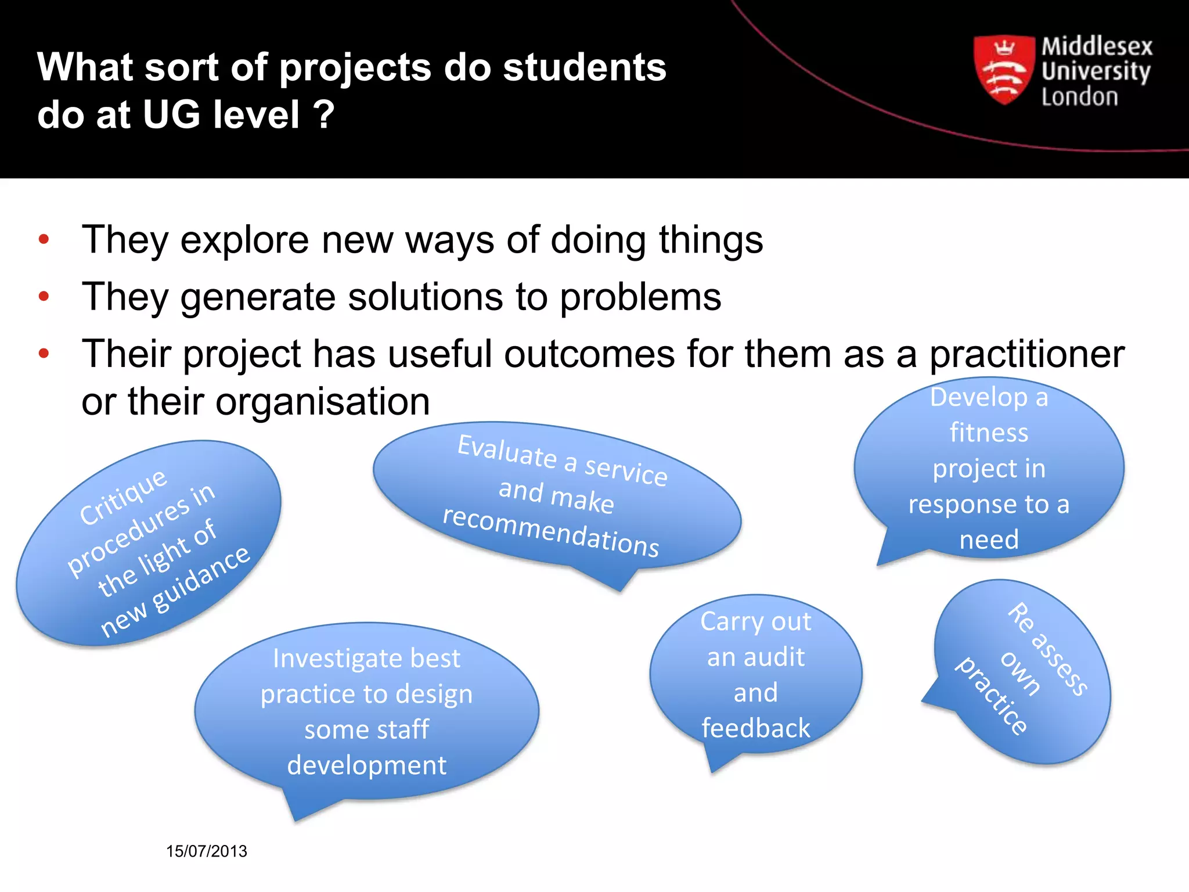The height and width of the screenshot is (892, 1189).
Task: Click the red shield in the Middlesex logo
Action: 1004,70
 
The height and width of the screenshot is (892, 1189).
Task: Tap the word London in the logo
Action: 1079,97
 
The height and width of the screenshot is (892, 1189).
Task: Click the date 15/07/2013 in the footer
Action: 207,851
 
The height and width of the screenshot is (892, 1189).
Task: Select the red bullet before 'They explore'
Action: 44,240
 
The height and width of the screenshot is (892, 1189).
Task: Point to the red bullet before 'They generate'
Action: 44,297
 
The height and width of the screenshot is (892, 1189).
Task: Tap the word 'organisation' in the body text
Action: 322,402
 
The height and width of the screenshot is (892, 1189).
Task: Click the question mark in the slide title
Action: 324,114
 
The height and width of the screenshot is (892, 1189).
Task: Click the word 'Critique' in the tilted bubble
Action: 123,498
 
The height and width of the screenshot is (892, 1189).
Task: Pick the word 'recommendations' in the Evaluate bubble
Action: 550,531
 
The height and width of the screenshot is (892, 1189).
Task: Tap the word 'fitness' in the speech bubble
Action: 989,433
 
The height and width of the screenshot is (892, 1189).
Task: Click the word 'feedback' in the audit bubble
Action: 755,728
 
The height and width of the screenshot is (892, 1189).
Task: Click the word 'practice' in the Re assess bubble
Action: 992,696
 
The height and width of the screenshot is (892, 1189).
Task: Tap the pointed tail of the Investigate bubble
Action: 296,817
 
